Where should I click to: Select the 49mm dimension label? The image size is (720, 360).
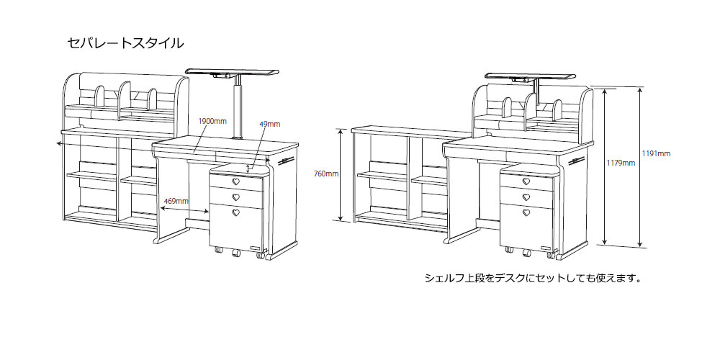pyautogui.click(x=269, y=124)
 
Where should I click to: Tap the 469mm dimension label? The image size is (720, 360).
pyautogui.click(x=176, y=200)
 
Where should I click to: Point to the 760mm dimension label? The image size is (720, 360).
pyautogui.click(x=326, y=174)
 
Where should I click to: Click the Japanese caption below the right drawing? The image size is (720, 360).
pyautogui.click(x=533, y=278)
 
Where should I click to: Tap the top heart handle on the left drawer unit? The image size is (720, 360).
pyautogui.click(x=236, y=182)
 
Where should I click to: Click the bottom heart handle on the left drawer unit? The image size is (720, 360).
pyautogui.click(x=236, y=212)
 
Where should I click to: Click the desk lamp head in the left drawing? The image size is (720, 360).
pyautogui.click(x=231, y=73)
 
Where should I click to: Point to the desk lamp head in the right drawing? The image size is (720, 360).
pyautogui.click(x=530, y=76)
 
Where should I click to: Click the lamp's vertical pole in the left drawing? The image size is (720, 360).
pyautogui.click(x=238, y=108)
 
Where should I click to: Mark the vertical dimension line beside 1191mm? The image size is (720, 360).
pyautogui.click(x=641, y=166)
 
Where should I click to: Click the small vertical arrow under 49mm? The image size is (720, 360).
pyautogui.click(x=249, y=167)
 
